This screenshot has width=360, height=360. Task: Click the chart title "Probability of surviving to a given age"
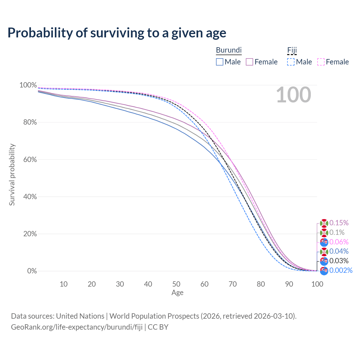(x=117, y=33)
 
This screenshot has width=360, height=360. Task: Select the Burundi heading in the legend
(x=229, y=50)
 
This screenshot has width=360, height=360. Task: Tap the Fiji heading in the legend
(x=292, y=50)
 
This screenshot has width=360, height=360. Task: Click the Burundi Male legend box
(x=220, y=62)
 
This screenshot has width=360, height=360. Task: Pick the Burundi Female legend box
(x=249, y=62)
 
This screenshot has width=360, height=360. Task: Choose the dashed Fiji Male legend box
(x=291, y=62)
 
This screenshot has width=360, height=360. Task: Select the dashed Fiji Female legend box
(x=321, y=62)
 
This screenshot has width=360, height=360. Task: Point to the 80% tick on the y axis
(x=28, y=122)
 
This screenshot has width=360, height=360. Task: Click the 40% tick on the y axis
(x=28, y=197)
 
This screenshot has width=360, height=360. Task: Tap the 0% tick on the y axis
(x=32, y=271)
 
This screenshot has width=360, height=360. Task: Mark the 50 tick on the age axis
(x=176, y=284)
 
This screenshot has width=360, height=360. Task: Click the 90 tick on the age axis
(x=289, y=284)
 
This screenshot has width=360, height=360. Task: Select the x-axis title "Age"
(x=177, y=293)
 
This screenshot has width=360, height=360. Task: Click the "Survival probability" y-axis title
(x=12, y=175)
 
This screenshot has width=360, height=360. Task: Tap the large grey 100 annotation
(x=293, y=95)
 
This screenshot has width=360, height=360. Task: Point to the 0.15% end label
(x=339, y=223)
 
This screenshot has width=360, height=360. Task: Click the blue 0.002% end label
(x=341, y=271)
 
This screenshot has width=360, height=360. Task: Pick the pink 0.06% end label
(x=339, y=242)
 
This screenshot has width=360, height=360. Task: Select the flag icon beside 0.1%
(x=324, y=233)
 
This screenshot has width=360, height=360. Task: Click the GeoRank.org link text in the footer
(x=77, y=327)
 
